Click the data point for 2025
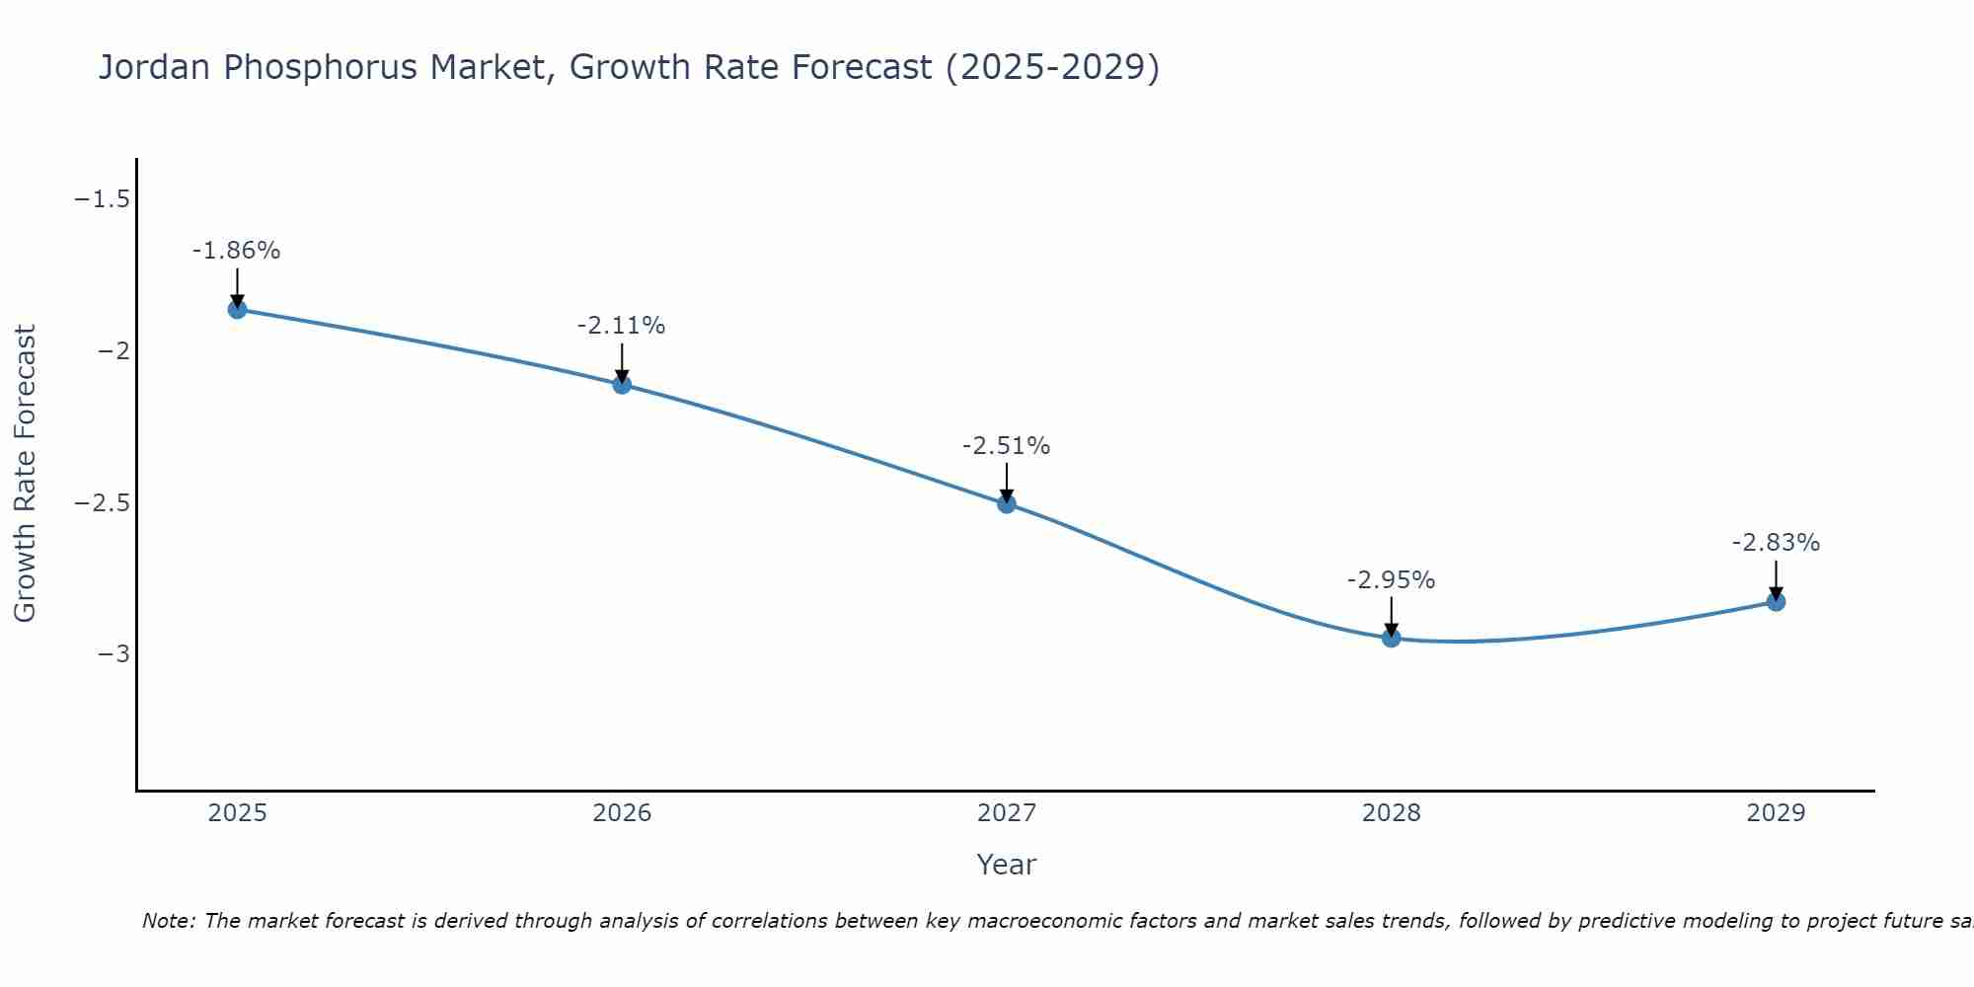click(x=237, y=309)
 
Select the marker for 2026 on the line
click(x=622, y=384)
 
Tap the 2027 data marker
click(x=1007, y=504)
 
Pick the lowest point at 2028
click(x=1391, y=638)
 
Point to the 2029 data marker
click(x=1776, y=602)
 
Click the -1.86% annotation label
click(x=236, y=251)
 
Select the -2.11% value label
click(x=621, y=326)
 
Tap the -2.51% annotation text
click(x=1006, y=446)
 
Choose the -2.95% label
click(x=1391, y=580)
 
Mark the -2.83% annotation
click(x=1776, y=543)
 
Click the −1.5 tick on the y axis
click(x=102, y=199)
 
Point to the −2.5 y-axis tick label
click(x=102, y=502)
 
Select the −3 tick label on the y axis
click(x=114, y=653)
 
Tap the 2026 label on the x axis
click(x=622, y=813)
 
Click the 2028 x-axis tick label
click(x=1391, y=813)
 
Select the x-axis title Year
click(x=1006, y=865)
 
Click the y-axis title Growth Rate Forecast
click(x=25, y=474)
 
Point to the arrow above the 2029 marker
click(x=1776, y=580)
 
